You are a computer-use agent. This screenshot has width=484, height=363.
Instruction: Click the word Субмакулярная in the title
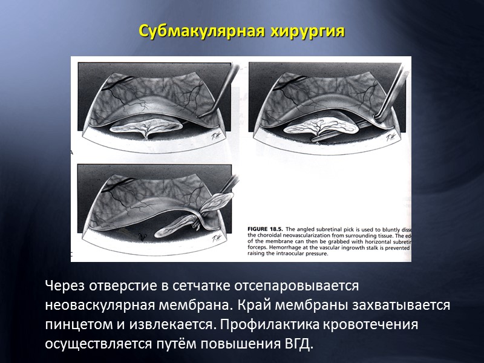[199, 31]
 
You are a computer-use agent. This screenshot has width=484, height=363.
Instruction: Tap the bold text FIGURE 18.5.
[266, 229]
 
